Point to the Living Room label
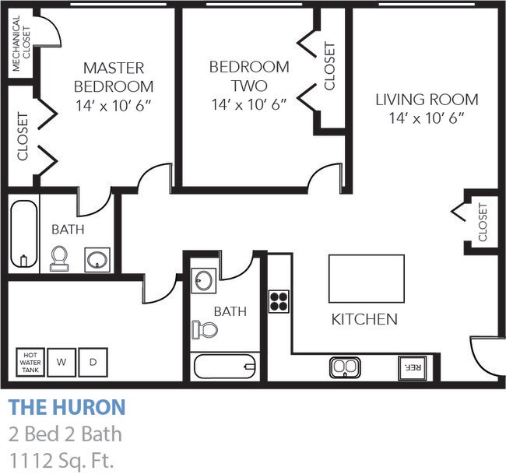click(427, 108)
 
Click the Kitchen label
click(364, 319)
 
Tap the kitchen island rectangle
click(366, 279)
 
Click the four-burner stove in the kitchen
click(279, 300)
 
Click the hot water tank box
click(30, 362)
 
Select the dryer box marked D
click(93, 362)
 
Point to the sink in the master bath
click(97, 258)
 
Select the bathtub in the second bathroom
click(225, 366)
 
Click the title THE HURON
click(66, 407)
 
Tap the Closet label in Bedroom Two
click(329, 65)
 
